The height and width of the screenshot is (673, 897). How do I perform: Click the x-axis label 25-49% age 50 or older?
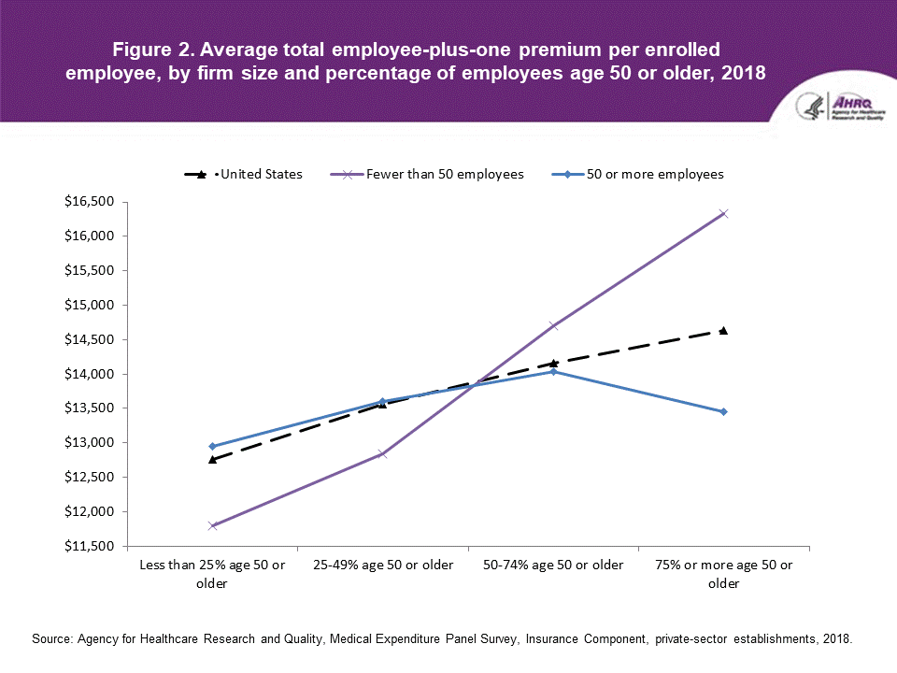pos(383,566)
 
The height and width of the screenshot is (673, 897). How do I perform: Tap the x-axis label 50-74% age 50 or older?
pos(553,566)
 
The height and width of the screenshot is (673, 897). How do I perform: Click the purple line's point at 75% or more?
pos(723,214)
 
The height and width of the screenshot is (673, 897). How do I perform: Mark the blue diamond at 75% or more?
pos(723,411)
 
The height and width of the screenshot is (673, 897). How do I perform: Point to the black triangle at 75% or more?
pos(723,330)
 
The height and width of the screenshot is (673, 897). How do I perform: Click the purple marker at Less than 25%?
pos(213,525)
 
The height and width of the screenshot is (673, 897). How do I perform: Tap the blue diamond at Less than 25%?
pos(213,446)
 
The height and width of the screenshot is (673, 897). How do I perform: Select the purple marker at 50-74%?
pos(553,325)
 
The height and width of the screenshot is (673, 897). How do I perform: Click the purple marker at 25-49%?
pos(383,453)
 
